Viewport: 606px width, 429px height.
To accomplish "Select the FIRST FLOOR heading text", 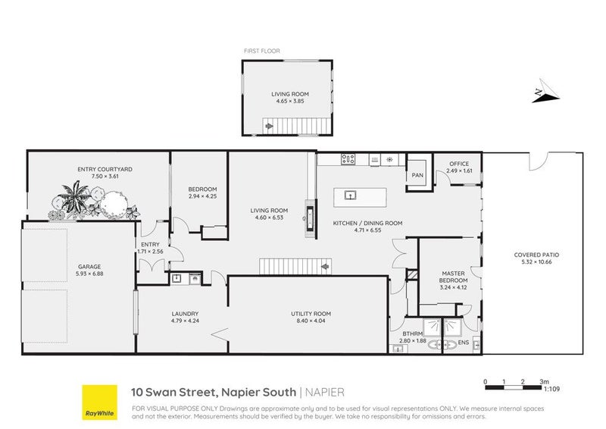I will click(x=261, y=51).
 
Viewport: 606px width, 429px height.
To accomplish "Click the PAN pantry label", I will click(x=417, y=176).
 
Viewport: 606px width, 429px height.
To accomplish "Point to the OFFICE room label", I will click(x=459, y=164).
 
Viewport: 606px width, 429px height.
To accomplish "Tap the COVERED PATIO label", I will click(x=536, y=255).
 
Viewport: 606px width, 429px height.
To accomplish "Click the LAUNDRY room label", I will click(x=185, y=313).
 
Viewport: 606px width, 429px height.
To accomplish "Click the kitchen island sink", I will click(x=351, y=196).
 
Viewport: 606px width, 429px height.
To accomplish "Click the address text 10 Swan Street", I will click(x=175, y=392).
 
